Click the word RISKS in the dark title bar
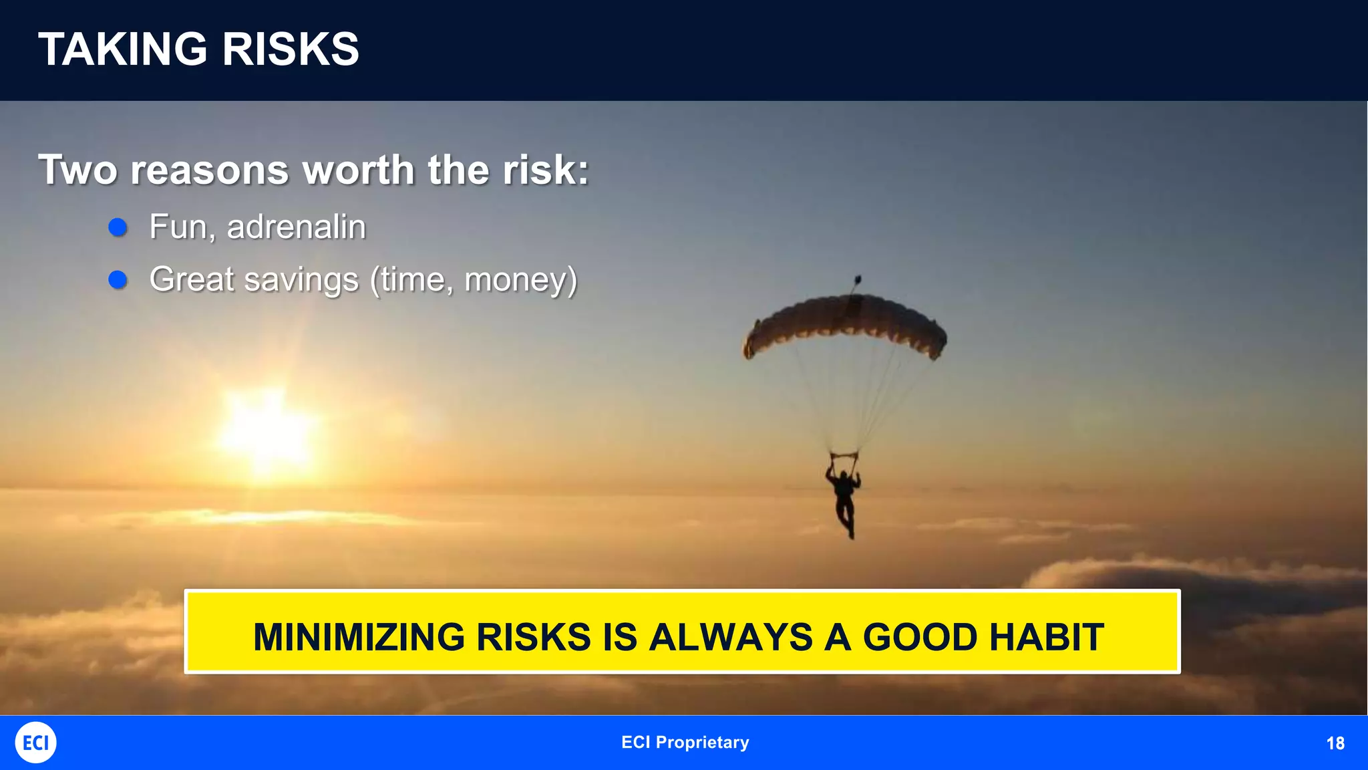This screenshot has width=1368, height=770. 291,49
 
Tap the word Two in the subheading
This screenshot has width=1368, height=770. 78,170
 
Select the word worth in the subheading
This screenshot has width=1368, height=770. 359,170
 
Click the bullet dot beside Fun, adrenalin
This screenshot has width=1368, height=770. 118,227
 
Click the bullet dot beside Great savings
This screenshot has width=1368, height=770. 118,279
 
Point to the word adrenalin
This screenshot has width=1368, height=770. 297,227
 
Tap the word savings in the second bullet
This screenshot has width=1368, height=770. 301,279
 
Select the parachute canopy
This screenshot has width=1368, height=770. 845,324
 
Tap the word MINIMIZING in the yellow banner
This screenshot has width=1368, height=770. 359,637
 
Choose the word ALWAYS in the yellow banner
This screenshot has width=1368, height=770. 731,637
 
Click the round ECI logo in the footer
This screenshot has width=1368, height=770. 35,743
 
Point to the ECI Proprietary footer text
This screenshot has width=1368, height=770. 685,743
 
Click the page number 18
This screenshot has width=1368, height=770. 1335,743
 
